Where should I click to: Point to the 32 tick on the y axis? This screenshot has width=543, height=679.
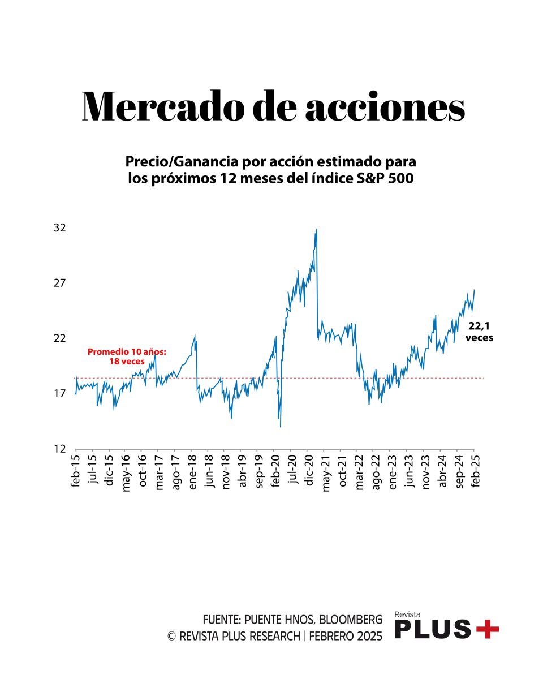[59, 228]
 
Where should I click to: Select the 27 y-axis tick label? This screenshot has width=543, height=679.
[59, 283]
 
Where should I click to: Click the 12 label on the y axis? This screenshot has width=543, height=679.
[59, 449]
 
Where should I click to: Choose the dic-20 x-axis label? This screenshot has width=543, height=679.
[309, 471]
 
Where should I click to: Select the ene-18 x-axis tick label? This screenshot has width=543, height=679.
[192, 471]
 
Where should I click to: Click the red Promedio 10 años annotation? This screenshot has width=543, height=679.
[127, 356]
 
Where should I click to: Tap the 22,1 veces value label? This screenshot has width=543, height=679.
[479, 331]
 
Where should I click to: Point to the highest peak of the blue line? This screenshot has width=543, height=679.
[317, 229]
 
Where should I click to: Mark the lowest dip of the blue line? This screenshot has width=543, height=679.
[281, 426]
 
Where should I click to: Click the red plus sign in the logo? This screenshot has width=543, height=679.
[487, 629]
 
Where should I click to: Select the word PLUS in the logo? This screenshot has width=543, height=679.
[432, 629]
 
